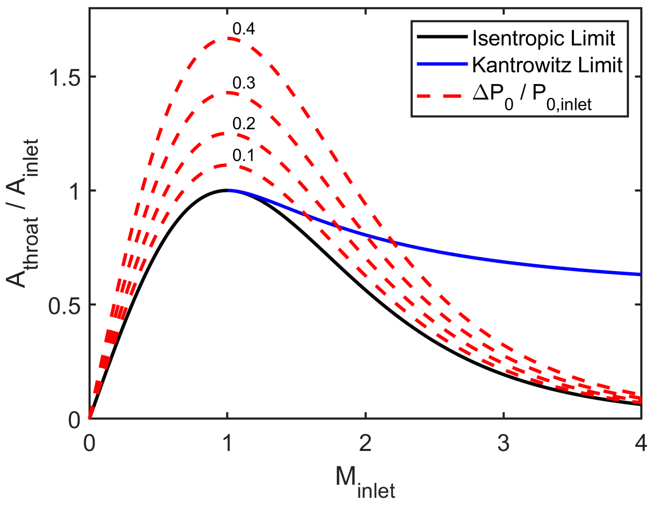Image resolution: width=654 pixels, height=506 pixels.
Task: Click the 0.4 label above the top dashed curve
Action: click(243, 29)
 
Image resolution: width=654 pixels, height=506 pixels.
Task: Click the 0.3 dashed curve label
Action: click(243, 83)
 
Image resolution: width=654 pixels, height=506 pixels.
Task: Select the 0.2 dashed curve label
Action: click(243, 123)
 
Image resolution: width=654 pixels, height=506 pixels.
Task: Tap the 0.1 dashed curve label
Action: click(243, 155)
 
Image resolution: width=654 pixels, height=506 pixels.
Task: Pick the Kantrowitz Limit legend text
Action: click(547, 65)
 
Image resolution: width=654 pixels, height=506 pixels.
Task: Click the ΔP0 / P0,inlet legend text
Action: click(532, 96)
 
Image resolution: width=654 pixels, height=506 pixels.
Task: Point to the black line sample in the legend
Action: click(442, 37)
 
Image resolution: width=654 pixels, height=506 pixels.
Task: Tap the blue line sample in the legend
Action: click(442, 63)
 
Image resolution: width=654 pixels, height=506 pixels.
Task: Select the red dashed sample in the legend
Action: click(442, 96)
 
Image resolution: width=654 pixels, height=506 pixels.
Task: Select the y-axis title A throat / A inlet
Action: click(23, 213)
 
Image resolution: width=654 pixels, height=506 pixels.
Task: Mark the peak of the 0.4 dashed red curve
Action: click(228, 38)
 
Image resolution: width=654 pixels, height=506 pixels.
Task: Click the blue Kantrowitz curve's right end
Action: click(640, 274)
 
